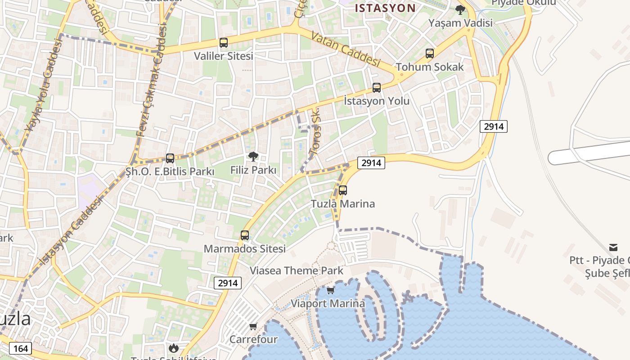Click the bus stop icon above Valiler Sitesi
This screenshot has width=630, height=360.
point(224,43)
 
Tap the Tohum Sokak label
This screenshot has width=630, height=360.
point(429,67)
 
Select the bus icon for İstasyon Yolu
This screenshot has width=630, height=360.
point(377,88)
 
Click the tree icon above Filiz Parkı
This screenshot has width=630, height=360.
point(253,157)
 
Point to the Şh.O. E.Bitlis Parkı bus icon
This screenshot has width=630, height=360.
point(170,158)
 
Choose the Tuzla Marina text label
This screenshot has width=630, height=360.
point(343,203)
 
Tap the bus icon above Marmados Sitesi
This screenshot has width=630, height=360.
point(245,235)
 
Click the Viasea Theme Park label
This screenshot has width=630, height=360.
point(297,270)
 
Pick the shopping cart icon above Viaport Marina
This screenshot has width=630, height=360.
point(331,290)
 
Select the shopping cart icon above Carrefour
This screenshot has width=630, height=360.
point(253,326)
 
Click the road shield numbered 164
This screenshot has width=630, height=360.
point(21,348)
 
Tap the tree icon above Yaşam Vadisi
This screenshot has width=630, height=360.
point(460,9)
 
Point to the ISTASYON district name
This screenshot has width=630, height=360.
point(385,8)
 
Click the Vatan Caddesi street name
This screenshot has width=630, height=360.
point(346,49)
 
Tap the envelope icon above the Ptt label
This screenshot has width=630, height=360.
point(613,247)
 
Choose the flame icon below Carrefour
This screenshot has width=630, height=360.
point(173,348)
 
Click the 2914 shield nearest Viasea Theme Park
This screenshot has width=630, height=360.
point(228,283)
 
